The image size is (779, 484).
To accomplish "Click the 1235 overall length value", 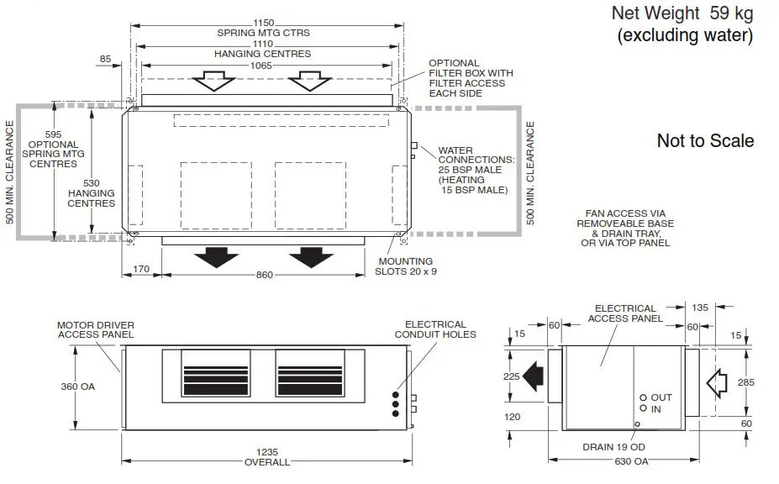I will [267, 451].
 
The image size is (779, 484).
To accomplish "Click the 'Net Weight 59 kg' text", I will [682, 13].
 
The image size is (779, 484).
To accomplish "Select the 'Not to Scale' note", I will [705, 141].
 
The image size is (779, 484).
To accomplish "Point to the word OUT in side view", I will [662, 397].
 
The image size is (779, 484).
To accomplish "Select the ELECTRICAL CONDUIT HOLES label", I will [435, 329].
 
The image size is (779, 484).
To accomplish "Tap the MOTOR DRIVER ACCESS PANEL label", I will [96, 329].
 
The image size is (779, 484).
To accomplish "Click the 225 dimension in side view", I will [512, 376].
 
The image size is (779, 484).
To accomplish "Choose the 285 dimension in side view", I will [745, 382].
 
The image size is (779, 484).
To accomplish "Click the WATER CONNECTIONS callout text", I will [476, 171].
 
